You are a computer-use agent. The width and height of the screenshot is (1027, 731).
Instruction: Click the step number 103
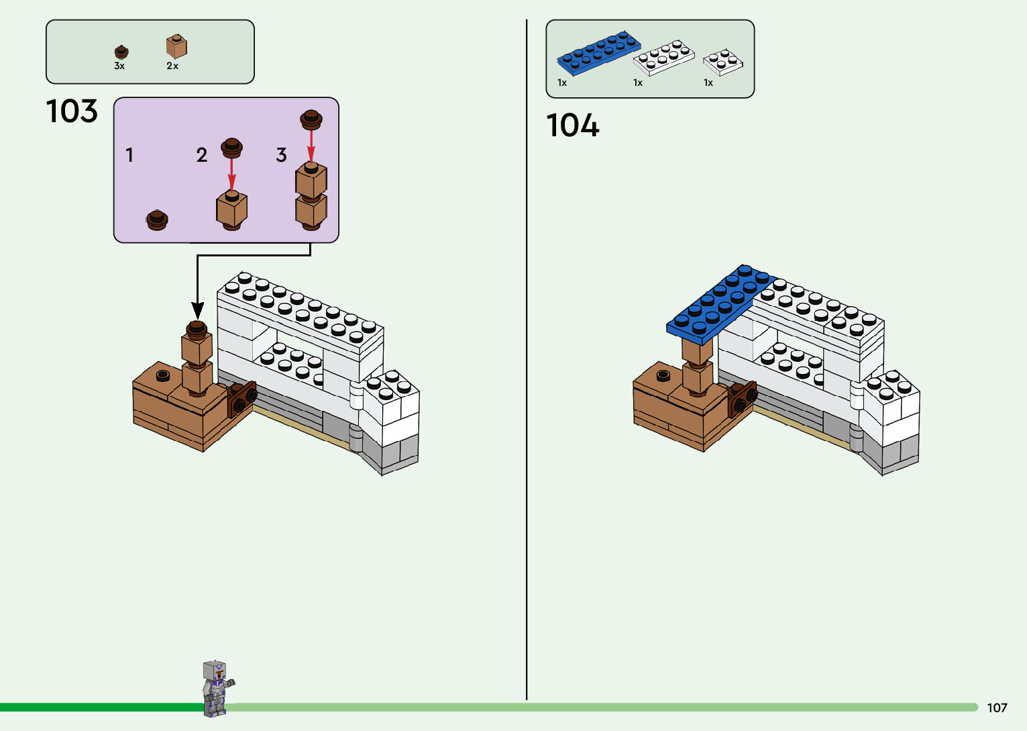[x=72, y=111]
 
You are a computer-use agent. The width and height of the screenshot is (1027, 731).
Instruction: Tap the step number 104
[x=572, y=126]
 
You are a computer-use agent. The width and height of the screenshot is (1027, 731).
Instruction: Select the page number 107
[x=997, y=708]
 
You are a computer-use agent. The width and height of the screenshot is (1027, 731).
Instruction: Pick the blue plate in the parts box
[x=598, y=52]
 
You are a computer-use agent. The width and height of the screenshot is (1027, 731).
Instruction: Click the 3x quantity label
[x=119, y=66]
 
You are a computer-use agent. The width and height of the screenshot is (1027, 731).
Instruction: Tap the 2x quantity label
[x=172, y=66]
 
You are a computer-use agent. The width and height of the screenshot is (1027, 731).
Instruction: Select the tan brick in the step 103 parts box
[x=176, y=46]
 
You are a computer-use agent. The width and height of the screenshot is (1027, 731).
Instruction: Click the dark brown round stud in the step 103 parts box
[x=121, y=52]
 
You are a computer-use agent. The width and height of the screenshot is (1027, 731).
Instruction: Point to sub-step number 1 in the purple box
[x=129, y=155]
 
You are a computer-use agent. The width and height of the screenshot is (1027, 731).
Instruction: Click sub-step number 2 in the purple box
[x=201, y=155]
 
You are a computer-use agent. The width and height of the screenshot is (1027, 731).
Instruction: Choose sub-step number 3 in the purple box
[x=281, y=155]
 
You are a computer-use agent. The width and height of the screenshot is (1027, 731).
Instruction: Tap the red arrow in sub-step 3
[x=311, y=145]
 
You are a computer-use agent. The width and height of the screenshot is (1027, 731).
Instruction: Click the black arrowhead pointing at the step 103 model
[x=197, y=310]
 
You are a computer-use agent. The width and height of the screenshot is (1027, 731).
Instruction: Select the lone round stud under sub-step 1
[x=157, y=220]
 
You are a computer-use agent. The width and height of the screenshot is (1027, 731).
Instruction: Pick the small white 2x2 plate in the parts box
[x=722, y=62]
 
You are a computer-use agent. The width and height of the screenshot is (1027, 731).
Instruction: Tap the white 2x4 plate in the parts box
[x=663, y=57]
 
